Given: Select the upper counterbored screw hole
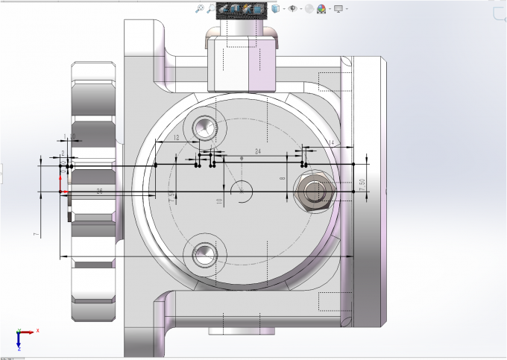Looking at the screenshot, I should click(x=203, y=128).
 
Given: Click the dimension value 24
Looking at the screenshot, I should click(x=258, y=151).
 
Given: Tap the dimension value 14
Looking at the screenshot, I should click(x=330, y=142).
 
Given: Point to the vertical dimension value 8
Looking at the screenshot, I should click(x=283, y=179).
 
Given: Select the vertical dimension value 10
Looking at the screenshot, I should click(x=219, y=201).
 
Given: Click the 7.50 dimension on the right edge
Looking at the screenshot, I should click(x=362, y=185).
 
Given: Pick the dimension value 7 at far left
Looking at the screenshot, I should click(x=36, y=235).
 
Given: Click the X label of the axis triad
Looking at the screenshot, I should click(x=37, y=330).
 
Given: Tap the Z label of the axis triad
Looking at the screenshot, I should click(x=19, y=347).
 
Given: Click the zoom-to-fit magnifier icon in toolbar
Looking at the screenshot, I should click(x=200, y=9).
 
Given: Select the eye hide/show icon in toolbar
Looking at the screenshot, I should click(x=293, y=9).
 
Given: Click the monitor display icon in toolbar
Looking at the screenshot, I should click(x=338, y=9).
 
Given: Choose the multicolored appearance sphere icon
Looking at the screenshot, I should click(x=321, y=9).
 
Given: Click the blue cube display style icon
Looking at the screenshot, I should click(x=277, y=9).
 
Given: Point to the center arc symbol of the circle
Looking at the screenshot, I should click(x=242, y=189).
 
